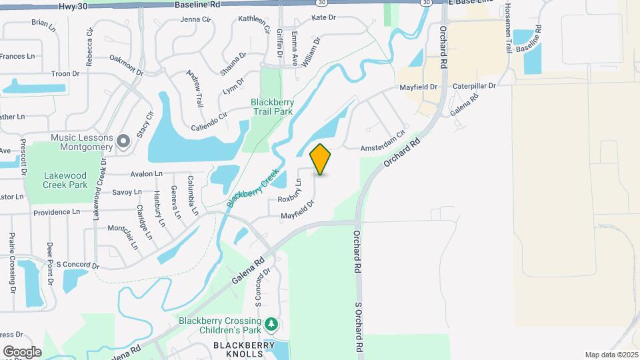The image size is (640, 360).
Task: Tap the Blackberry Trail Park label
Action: point(272,107)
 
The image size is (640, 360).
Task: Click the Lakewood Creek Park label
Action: point(65,180)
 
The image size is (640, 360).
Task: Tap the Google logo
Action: point(22,351)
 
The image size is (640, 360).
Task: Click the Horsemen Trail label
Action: point(509,28)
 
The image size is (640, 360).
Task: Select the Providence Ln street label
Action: point(57,211)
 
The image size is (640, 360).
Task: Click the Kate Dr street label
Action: point(323,17)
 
